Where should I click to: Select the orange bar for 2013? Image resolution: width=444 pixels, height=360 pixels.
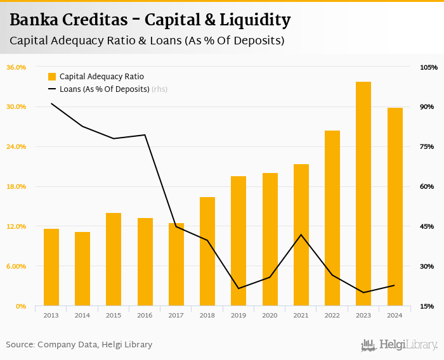[x=51, y=267]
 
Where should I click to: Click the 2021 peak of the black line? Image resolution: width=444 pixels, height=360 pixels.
[x=301, y=235]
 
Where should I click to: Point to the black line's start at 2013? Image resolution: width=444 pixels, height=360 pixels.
[x=51, y=103]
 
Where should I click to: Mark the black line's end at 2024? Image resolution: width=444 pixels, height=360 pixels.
[x=395, y=285]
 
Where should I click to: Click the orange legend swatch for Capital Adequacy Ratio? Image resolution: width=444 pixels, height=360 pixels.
[x=52, y=77]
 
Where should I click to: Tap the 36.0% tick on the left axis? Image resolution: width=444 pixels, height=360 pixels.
[x=16, y=67]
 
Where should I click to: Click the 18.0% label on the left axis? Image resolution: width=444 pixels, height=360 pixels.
[x=16, y=186]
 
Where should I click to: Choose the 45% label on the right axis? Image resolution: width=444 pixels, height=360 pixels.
[x=427, y=226]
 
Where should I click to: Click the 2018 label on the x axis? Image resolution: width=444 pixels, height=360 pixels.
[x=207, y=315]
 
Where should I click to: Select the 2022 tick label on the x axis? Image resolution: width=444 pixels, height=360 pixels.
[x=332, y=315]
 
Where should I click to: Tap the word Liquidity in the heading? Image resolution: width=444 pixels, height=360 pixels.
[x=255, y=20]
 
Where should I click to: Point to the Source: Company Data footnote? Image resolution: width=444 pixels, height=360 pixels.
[x=79, y=345]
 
